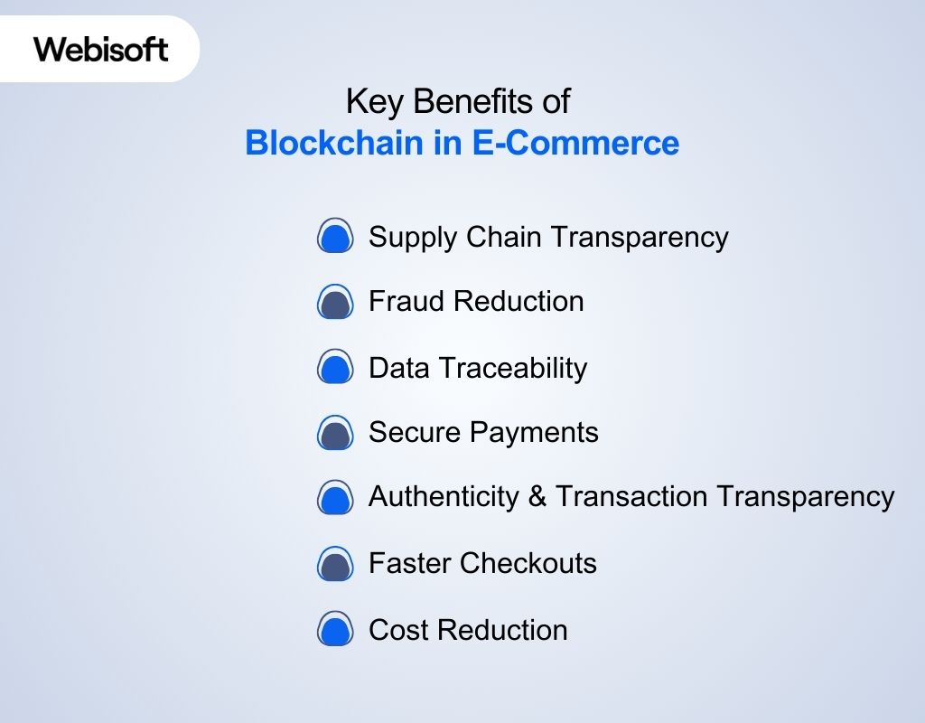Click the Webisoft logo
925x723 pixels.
point(101,49)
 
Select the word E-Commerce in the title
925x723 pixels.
point(576,144)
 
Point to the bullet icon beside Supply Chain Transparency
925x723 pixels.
point(334,237)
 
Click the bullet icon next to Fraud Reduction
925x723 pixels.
point(334,302)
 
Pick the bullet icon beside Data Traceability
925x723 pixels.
point(334,368)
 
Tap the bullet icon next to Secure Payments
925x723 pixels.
point(334,433)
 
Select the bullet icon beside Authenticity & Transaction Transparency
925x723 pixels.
point(334,497)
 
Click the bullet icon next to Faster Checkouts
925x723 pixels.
point(334,564)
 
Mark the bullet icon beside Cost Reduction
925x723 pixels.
point(334,629)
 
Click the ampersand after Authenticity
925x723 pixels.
point(537,496)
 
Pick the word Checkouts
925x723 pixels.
point(528,563)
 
